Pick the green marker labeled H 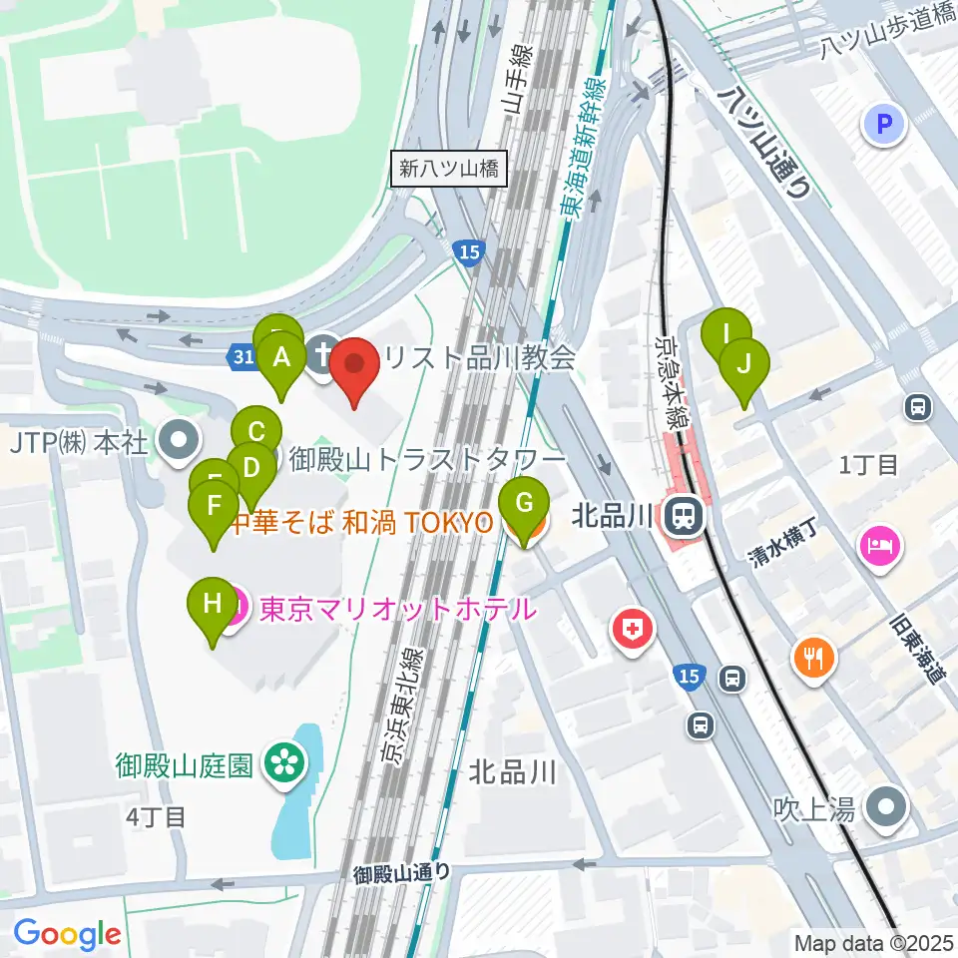pos(212,606)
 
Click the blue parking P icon pos(883,125)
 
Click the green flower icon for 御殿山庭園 pos(283,764)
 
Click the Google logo pos(67,934)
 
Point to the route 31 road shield pos(240,356)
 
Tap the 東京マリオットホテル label pos(397,610)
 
